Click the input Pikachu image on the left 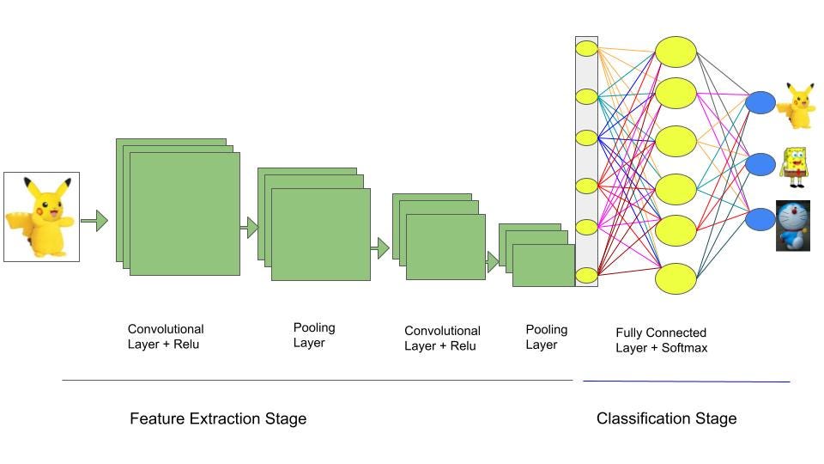(41, 217)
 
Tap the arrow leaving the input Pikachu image (94, 221)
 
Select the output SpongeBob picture (793, 167)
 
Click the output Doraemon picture (793, 225)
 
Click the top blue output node (760, 103)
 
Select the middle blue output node (760, 163)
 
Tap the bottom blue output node (760, 219)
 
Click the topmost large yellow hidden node (676, 51)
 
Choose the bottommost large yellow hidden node (676, 278)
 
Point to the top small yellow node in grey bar (586, 48)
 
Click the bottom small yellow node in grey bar (586, 275)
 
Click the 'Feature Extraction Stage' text (218, 418)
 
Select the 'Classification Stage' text (666, 418)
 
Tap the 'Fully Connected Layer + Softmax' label (661, 340)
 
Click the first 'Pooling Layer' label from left (314, 335)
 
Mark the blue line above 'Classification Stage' (687, 381)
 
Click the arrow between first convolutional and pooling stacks (250, 228)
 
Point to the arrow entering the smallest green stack (493, 262)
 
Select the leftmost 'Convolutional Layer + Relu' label (166, 337)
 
